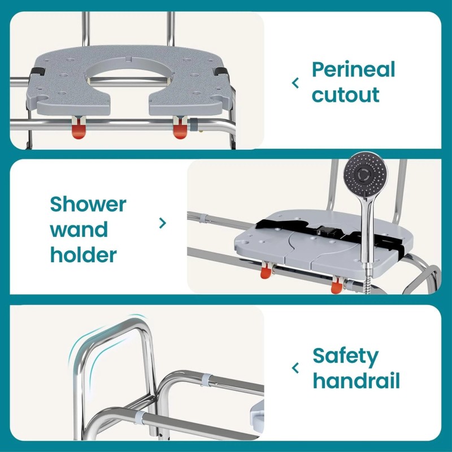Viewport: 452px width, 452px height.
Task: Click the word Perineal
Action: pos(353,70)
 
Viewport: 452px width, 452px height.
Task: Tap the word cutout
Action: pos(345,94)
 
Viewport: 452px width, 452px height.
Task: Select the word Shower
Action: pos(88,204)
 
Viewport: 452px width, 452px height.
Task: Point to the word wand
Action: pos(79,229)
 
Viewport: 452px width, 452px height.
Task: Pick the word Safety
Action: pos(345,356)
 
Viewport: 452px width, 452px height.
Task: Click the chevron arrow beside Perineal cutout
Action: pos(295,83)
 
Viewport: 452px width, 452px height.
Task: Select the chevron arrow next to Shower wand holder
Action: pos(163,223)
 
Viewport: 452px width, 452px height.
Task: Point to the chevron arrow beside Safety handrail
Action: pos(295,368)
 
